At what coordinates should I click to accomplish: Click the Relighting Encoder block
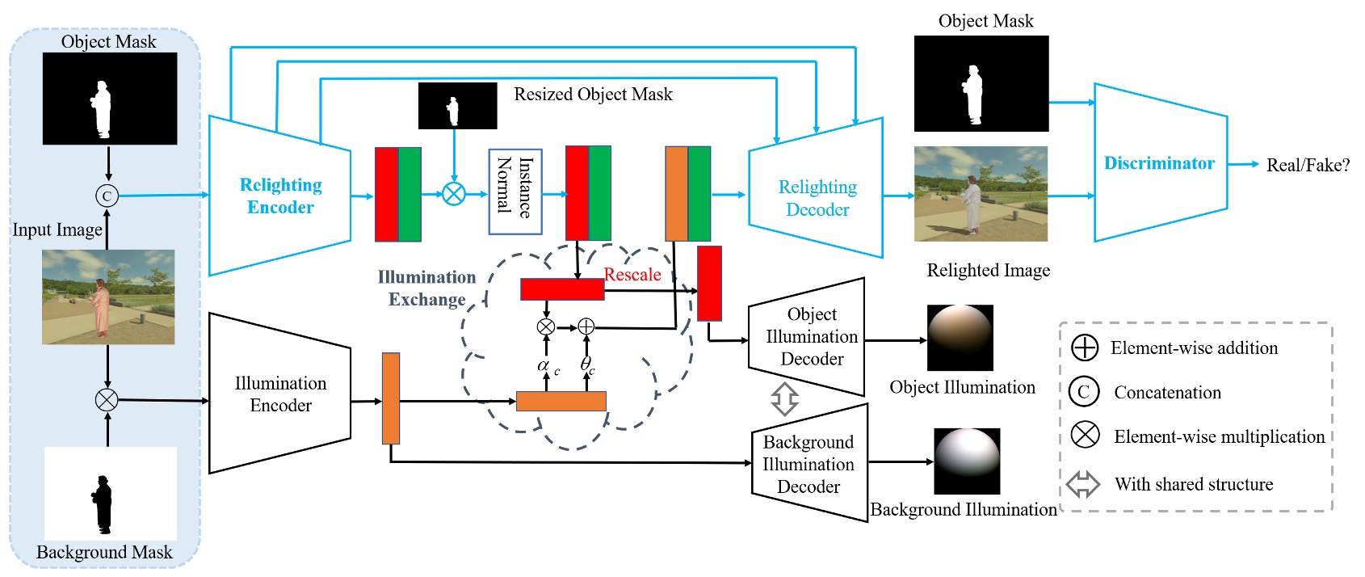pos(279,196)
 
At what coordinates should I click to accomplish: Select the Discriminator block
pos(1159,163)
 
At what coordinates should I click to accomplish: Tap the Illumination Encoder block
pos(279,394)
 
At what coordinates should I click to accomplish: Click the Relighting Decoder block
pos(817,198)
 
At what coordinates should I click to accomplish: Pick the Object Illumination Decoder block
pos(809,336)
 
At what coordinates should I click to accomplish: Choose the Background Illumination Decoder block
pos(808,464)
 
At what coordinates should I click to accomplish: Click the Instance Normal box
pos(514,192)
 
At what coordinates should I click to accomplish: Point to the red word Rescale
pos(632,275)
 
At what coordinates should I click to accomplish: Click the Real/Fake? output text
pos(1308,165)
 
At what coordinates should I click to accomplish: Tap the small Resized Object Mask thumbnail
pos(457,106)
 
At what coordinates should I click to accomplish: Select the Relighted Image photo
pos(981,194)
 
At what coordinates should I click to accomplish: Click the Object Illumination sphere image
pos(960,337)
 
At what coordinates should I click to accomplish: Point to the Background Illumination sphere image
pos(967,461)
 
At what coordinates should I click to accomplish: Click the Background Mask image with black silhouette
pos(110,494)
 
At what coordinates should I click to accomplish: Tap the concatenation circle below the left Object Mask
pos(107,196)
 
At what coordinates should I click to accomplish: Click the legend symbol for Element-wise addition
pos(1084,348)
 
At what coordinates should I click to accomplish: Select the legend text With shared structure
pos(1193,485)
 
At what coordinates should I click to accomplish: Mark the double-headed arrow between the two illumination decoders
pos(784,398)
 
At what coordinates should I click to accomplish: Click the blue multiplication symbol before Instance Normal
pos(454,194)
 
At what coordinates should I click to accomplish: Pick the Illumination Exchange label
pos(426,288)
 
